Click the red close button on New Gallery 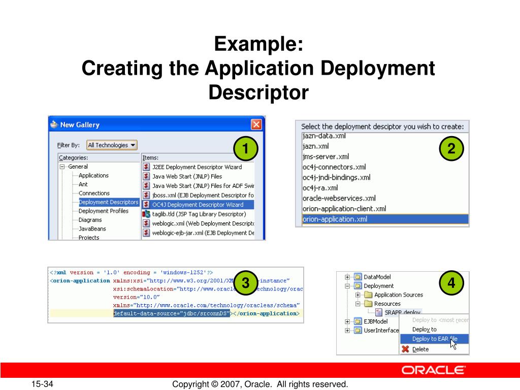[x=256, y=124]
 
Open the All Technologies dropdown [x=112, y=145]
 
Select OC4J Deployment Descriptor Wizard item [x=198, y=205]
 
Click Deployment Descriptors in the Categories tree [x=108, y=202]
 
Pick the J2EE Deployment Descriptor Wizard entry [x=197, y=167]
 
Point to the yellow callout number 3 [x=246, y=283]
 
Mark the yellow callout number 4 [x=451, y=283]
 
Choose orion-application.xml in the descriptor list [x=335, y=219]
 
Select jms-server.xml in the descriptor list [x=326, y=156]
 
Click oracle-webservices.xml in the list [x=339, y=198]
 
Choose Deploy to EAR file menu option [x=434, y=339]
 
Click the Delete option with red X [x=420, y=349]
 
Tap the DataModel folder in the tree [x=376, y=277]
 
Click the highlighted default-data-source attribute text [x=171, y=313]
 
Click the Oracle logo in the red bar [x=433, y=370]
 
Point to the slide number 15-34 [x=44, y=384]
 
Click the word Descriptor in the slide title [x=258, y=92]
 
